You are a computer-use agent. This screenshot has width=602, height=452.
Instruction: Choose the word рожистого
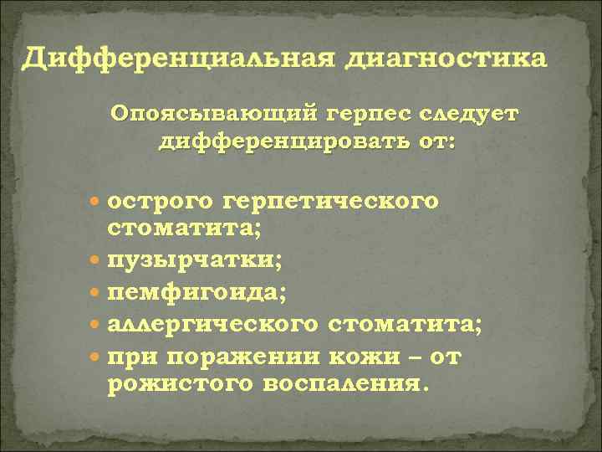tap(176, 384)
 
